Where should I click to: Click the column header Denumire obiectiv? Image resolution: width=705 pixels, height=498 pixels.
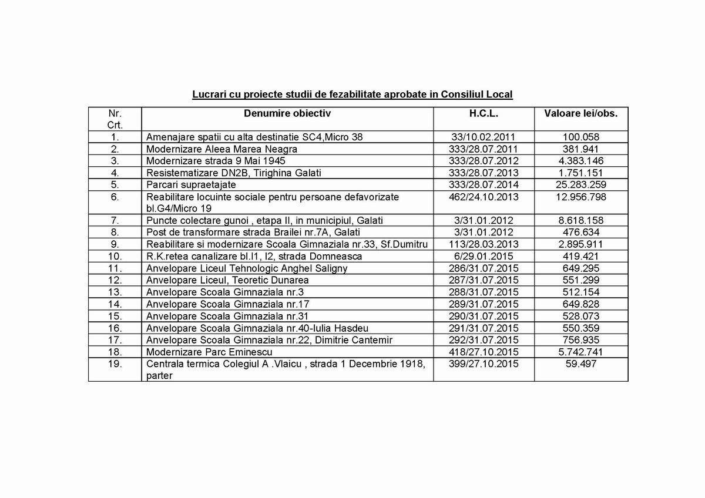(x=287, y=112)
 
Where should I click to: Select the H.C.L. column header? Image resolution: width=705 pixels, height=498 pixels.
(x=484, y=112)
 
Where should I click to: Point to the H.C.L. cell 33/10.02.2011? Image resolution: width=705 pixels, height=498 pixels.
(x=484, y=137)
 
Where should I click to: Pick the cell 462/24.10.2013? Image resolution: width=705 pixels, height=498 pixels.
(x=484, y=197)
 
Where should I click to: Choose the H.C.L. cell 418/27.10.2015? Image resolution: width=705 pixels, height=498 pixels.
(x=484, y=352)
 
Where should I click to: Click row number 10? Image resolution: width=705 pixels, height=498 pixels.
(x=115, y=256)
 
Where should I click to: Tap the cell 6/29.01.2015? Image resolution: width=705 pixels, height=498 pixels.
(x=484, y=256)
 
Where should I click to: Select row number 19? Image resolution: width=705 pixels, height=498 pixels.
(x=115, y=365)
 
